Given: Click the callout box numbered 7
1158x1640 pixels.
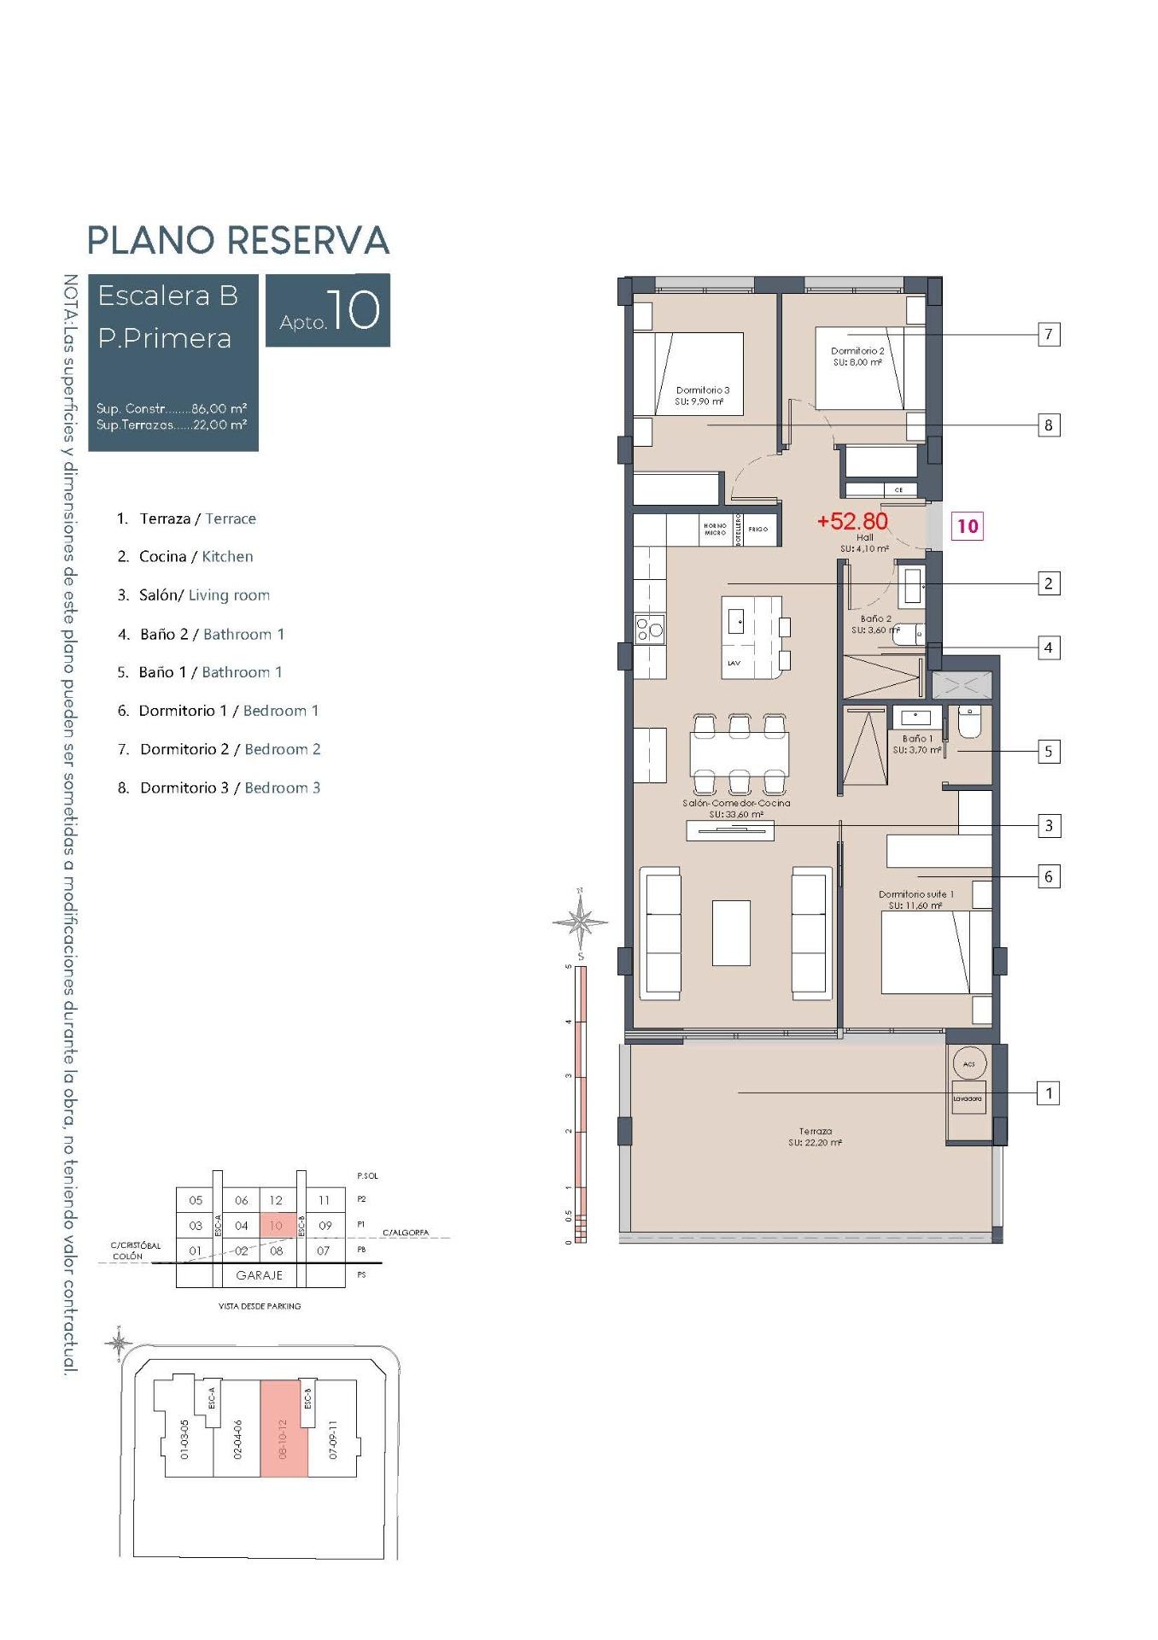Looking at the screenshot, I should coord(1048,334).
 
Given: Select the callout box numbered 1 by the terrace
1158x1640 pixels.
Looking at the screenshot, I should coord(1048,1092).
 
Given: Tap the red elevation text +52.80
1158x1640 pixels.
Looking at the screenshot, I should coord(852,521).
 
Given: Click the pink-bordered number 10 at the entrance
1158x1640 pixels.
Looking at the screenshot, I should coord(967,526).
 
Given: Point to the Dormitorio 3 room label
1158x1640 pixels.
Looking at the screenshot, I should coord(702,395).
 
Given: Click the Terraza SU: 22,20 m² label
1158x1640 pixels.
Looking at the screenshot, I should coord(816,1136).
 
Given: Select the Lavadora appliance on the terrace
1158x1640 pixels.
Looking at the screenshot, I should coord(968,1098).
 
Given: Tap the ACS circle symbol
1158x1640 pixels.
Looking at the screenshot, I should coord(968,1064).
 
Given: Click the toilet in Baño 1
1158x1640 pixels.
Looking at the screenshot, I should coord(970,722).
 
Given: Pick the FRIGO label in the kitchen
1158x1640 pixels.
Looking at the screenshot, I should coord(757,530).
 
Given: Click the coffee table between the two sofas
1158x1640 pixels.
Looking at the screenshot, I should coord(731,932).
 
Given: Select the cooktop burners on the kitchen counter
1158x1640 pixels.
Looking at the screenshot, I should coord(650,630).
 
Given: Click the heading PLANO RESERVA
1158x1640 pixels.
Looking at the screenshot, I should coord(238,240).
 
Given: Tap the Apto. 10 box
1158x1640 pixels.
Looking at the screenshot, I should coord(328,310).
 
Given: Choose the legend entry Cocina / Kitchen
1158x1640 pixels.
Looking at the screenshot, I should coord(196,556).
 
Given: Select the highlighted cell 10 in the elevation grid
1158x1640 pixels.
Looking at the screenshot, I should coord(276,1225).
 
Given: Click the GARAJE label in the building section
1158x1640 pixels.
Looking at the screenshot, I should coord(259,1274).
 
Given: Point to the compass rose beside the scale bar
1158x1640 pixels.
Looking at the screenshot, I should coord(580,922).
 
